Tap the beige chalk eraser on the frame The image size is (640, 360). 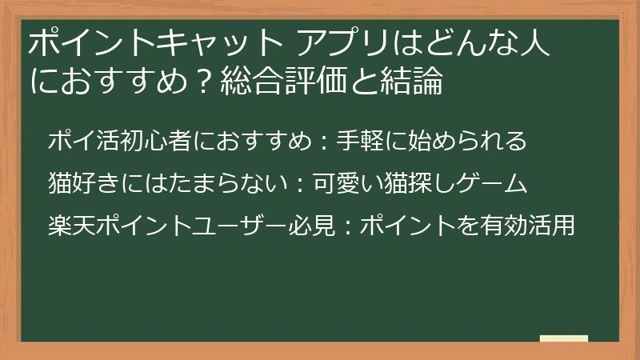563,338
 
